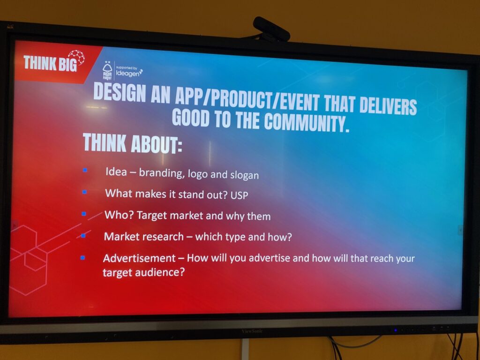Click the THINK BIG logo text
click(50, 63)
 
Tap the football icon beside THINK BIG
click(76, 57)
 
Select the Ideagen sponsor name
click(129, 73)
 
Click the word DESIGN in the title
click(120, 92)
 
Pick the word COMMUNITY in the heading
click(307, 122)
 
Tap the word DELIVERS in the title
click(388, 105)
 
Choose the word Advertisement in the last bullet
click(139, 258)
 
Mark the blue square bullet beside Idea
click(85, 170)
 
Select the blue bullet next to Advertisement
click(82, 258)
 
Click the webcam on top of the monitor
click(271, 29)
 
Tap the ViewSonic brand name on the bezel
click(252, 331)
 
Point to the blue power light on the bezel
click(396, 330)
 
